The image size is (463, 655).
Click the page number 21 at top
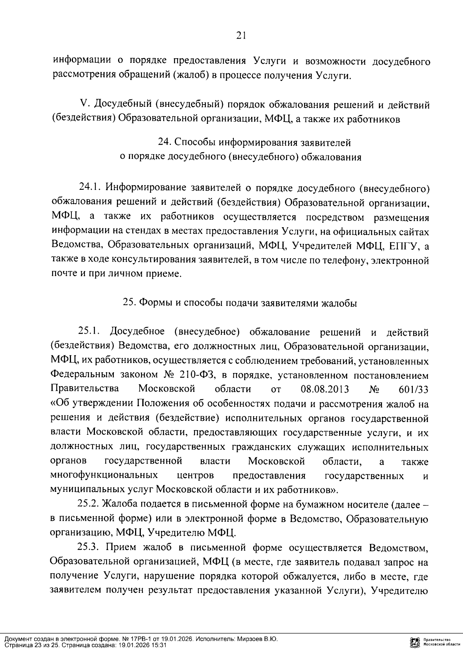(x=240, y=36)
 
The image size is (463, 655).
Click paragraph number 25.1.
(x=89, y=331)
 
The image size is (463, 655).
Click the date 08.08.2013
(x=324, y=389)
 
